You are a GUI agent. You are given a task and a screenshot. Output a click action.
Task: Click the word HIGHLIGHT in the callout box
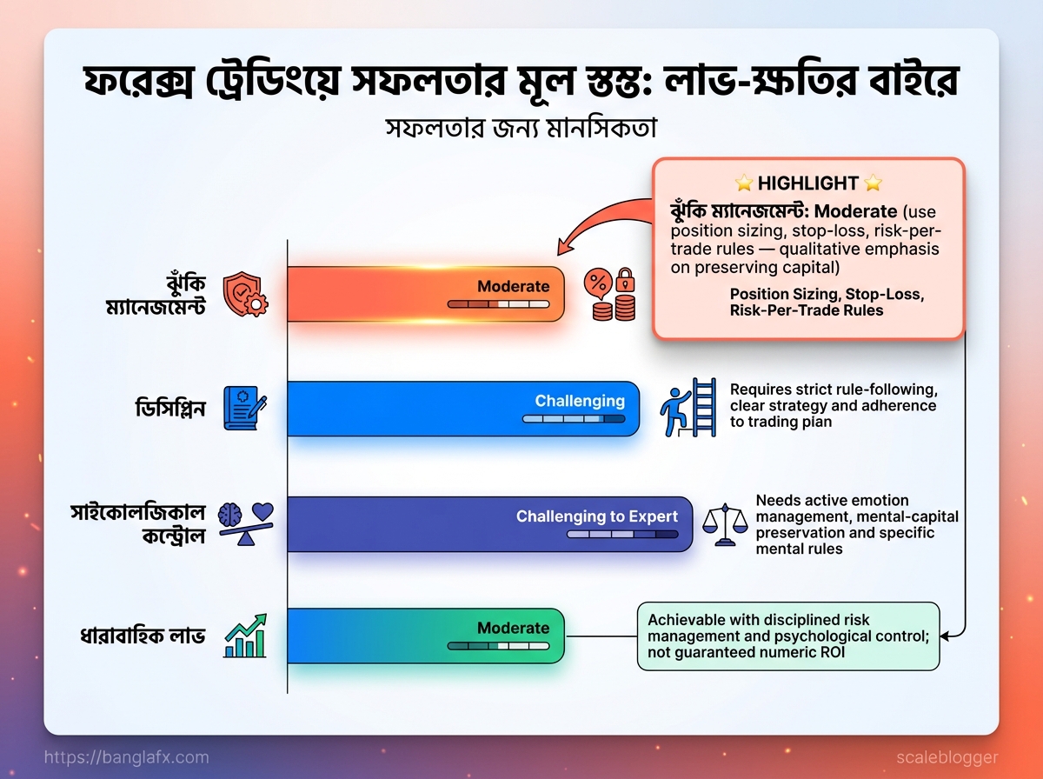tap(807, 183)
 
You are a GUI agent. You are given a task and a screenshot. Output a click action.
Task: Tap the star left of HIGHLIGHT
tap(744, 183)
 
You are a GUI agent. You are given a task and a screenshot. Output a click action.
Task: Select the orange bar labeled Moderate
tap(426, 294)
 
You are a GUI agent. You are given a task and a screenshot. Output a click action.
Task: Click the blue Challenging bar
tap(463, 409)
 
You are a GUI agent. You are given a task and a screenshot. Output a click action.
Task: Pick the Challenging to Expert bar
tap(490, 524)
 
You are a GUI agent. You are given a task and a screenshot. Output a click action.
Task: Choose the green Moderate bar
tap(426, 636)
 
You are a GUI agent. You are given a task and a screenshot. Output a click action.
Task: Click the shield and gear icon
tap(246, 294)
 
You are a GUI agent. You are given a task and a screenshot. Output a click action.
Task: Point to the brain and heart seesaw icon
tap(246, 523)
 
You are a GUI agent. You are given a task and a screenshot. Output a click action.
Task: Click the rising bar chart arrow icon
tap(246, 636)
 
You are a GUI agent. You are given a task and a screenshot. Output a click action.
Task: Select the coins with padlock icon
tap(610, 294)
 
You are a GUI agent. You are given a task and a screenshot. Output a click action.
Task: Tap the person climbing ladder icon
tap(688, 408)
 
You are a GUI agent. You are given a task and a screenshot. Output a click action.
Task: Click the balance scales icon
tap(725, 525)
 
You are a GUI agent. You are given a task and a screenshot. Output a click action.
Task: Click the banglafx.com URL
tap(126, 757)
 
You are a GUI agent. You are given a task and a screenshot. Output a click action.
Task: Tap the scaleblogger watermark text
tap(947, 757)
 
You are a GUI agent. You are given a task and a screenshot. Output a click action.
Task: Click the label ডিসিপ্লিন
tap(170, 409)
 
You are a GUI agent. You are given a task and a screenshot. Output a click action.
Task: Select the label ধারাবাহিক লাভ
tap(143, 636)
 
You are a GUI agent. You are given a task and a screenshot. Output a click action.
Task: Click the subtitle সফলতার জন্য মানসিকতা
tap(521, 129)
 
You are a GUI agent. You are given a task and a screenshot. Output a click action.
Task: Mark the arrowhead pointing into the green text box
tap(944, 636)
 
